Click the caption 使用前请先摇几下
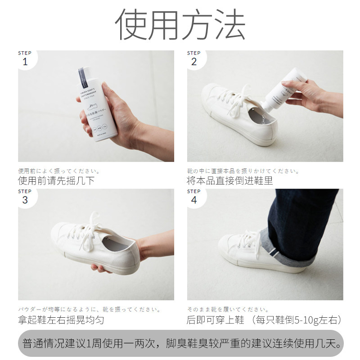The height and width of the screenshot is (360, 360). tap(56, 181)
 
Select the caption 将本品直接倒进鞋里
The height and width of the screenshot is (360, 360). tap(230, 181)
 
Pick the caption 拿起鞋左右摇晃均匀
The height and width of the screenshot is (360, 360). tap(61, 320)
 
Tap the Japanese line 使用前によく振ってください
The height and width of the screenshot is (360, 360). tap(58, 171)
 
